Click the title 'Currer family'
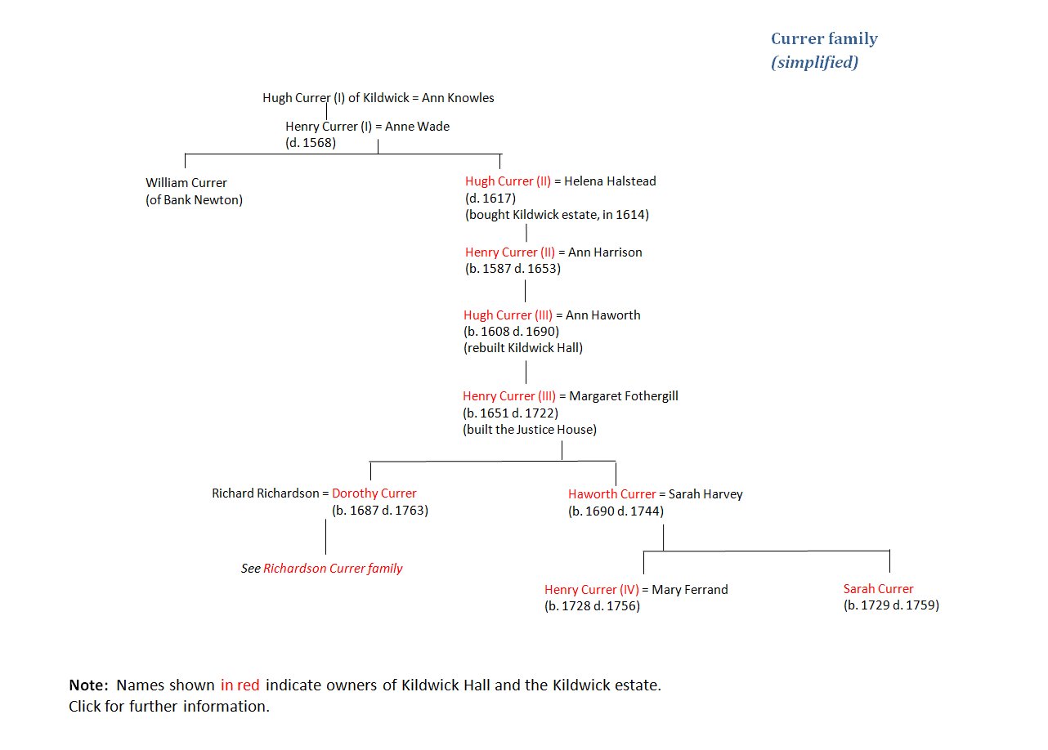824,38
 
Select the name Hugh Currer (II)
508,181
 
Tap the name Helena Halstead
610,181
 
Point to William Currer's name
186,183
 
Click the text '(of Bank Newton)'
195,200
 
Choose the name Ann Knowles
458,98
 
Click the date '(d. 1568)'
311,143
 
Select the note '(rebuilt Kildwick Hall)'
523,348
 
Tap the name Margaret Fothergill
623,396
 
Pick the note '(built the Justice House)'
530,430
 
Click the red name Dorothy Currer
374,493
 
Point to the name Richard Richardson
266,493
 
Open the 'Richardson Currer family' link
333,569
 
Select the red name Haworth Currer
612,494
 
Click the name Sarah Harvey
705,494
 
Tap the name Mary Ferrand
690,590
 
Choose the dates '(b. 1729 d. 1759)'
891,605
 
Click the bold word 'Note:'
88,685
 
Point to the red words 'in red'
240,685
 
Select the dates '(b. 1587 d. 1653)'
513,269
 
